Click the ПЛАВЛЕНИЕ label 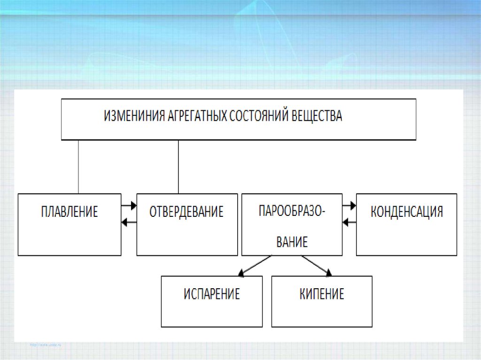(70, 212)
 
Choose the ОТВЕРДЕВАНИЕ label (186, 212)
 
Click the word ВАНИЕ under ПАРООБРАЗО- (292, 242)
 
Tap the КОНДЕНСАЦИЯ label (407, 211)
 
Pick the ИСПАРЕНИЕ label (212, 294)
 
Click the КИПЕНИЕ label (322, 294)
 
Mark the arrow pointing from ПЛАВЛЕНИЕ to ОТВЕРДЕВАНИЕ (129, 205)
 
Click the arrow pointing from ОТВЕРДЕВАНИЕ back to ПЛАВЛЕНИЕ (129, 222)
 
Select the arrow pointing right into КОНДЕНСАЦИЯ (349, 205)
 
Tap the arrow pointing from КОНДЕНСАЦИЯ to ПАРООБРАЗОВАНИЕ (349, 222)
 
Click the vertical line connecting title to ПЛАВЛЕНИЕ (78, 167)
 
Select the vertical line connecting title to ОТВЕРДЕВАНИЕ (178, 167)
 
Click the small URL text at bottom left (46, 345)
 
